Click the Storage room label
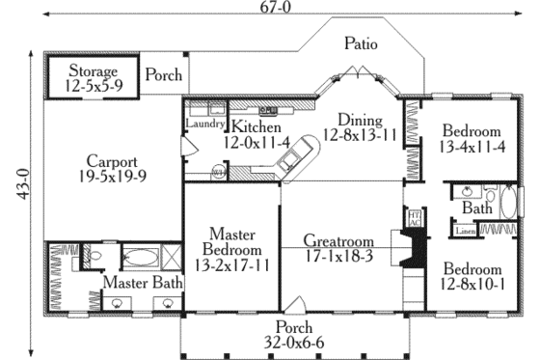pyautogui.click(x=93, y=71)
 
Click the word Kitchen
pyautogui.click(x=255, y=126)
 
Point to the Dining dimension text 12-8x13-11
pyautogui.click(x=361, y=136)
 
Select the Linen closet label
pyautogui.click(x=464, y=232)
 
